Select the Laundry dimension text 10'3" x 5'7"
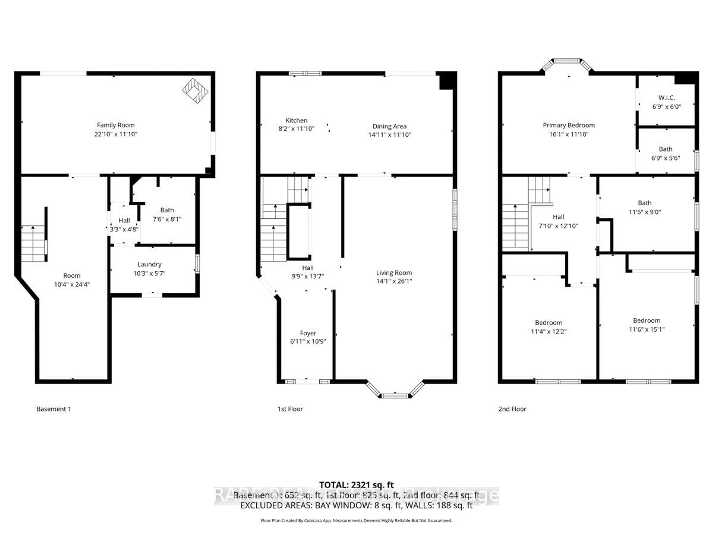coord(149,273)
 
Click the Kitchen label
coord(296,120)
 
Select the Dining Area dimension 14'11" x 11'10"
coord(390,135)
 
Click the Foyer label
coord(308,333)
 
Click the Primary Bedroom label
coord(569,125)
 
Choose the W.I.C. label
coord(666,97)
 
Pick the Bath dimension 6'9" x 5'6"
coord(666,158)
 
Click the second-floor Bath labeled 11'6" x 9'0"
coord(645,207)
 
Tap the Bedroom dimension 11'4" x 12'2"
coord(549,332)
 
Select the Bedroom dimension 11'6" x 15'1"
coord(647,329)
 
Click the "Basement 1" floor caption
coord(53,409)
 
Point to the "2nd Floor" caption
coord(512,409)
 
